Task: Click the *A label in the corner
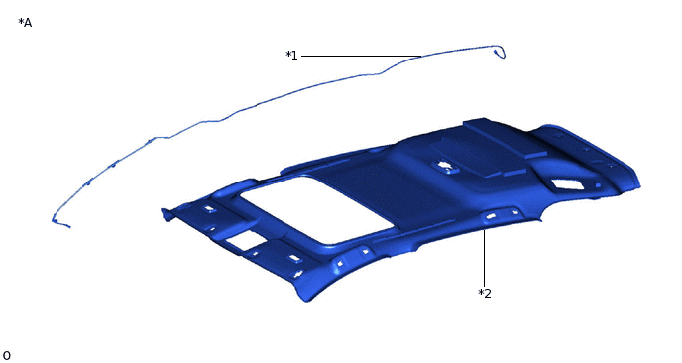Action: point(25,23)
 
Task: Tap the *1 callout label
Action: point(291,56)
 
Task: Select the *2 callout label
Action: point(485,294)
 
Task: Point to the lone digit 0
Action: point(7,356)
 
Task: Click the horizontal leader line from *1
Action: point(362,57)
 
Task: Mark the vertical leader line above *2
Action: point(484,258)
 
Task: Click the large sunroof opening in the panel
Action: point(316,209)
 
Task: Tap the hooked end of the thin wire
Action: point(501,52)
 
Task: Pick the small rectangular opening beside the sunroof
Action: point(245,240)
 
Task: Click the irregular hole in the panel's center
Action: point(444,166)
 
